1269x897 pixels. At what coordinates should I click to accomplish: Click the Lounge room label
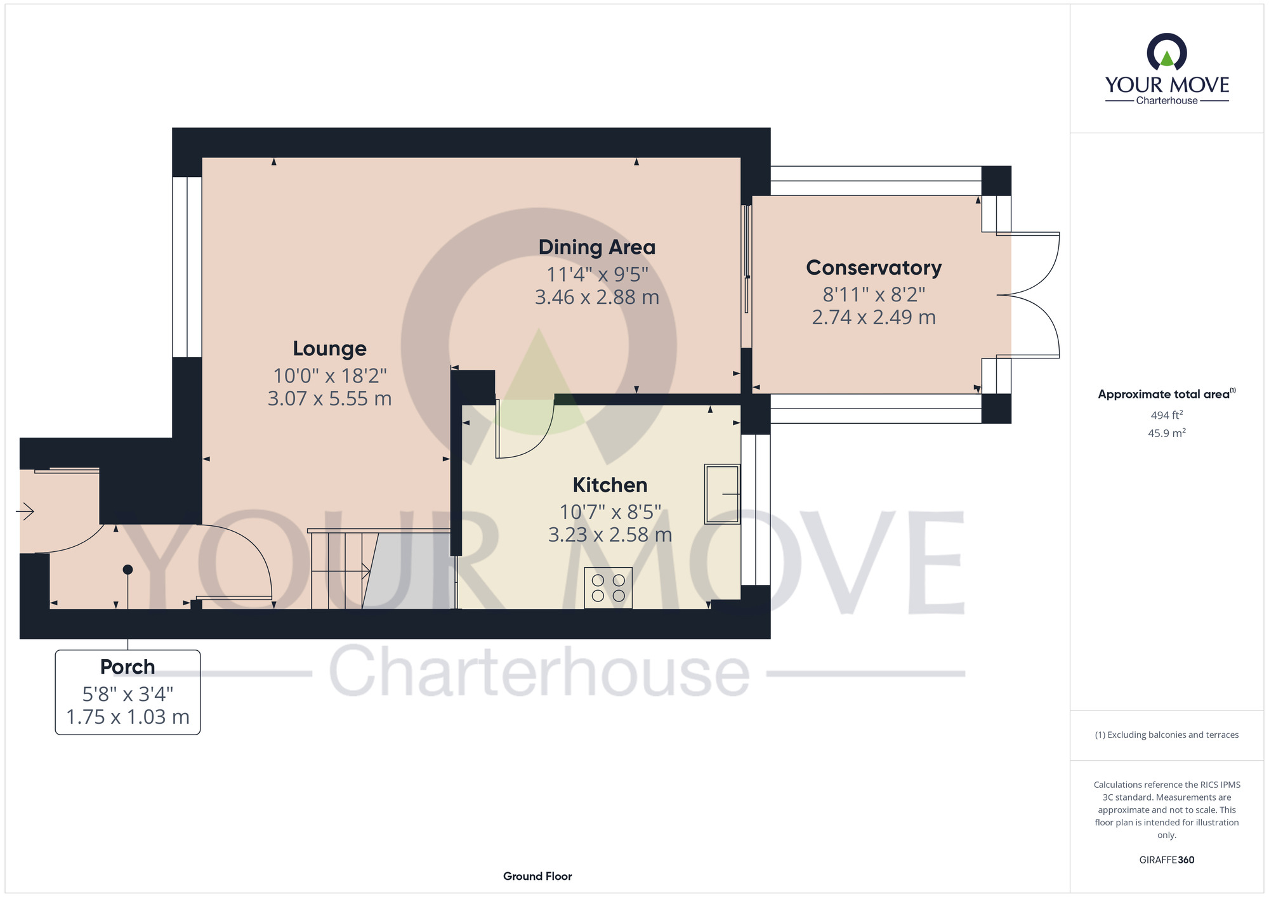(329, 349)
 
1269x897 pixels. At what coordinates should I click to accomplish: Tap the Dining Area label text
(596, 247)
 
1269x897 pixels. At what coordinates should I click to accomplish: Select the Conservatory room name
(874, 268)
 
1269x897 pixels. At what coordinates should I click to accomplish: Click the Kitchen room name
(610, 485)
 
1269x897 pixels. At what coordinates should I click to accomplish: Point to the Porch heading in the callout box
(128, 667)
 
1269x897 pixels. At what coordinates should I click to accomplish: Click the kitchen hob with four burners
(608, 588)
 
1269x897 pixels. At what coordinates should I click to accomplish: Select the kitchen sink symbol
(722, 494)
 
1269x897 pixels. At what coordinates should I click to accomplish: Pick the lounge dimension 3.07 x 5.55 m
(329, 399)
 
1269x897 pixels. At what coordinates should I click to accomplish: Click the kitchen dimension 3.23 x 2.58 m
(610, 535)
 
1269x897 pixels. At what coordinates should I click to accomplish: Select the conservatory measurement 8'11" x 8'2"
(874, 294)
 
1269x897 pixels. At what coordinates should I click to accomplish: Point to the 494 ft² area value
(1166, 416)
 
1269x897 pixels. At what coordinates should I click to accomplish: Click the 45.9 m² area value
(1166, 433)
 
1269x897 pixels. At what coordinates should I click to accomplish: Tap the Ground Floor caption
(537, 876)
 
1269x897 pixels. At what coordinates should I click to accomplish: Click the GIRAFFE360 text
(1166, 860)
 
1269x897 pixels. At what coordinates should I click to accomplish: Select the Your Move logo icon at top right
(1166, 53)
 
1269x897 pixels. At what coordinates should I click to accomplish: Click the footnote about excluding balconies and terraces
(1166, 735)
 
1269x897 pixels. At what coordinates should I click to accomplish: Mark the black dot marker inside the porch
(128, 570)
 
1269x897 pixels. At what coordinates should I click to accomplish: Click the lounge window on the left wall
(187, 266)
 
